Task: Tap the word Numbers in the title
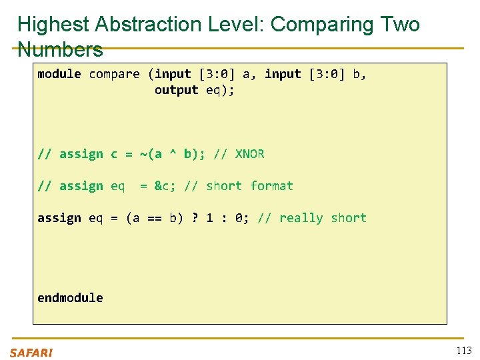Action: click(x=60, y=49)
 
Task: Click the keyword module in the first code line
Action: click(x=59, y=74)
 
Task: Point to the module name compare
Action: click(x=114, y=74)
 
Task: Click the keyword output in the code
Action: click(x=176, y=90)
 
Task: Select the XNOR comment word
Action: click(x=250, y=154)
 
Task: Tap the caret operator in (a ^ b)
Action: click(x=173, y=154)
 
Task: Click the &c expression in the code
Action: click(x=162, y=186)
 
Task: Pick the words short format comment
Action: click(x=249, y=186)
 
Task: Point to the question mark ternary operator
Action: click(x=195, y=218)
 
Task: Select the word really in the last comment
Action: click(x=301, y=218)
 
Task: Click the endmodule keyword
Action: click(x=70, y=298)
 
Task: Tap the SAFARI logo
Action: click(x=31, y=353)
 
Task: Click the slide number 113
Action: click(x=463, y=351)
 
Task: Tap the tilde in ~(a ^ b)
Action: click(x=143, y=154)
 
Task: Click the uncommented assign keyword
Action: click(x=59, y=218)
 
